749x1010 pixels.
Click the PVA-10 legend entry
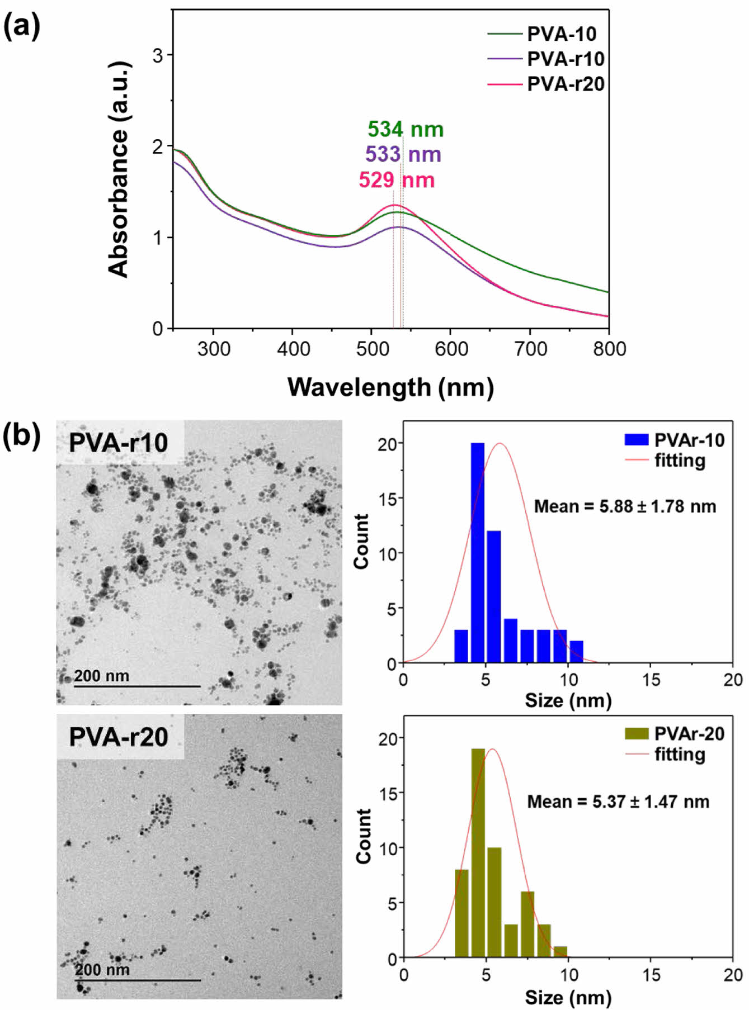tap(561, 34)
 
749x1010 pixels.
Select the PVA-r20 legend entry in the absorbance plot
tap(565, 84)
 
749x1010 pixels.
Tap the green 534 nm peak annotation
tap(405, 130)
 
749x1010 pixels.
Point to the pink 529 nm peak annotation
tap(397, 180)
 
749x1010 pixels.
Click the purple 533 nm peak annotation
tap(403, 154)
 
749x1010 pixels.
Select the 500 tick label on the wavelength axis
tap(373, 349)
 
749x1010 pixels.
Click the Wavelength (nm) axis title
tap(390, 387)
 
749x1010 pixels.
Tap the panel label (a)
tap(22, 27)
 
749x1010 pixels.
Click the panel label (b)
tap(22, 436)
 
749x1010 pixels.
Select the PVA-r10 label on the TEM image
tap(118, 443)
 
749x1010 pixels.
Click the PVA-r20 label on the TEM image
tap(118, 737)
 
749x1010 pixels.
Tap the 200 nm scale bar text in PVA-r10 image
tap(101, 676)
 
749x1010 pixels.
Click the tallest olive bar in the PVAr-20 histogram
tap(478, 853)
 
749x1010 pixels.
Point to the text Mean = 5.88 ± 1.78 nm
tap(625, 506)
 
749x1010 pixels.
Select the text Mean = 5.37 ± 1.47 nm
tap(618, 802)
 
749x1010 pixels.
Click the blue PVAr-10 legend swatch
tap(636, 439)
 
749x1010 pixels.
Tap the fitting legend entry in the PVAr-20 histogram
tap(679, 755)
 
